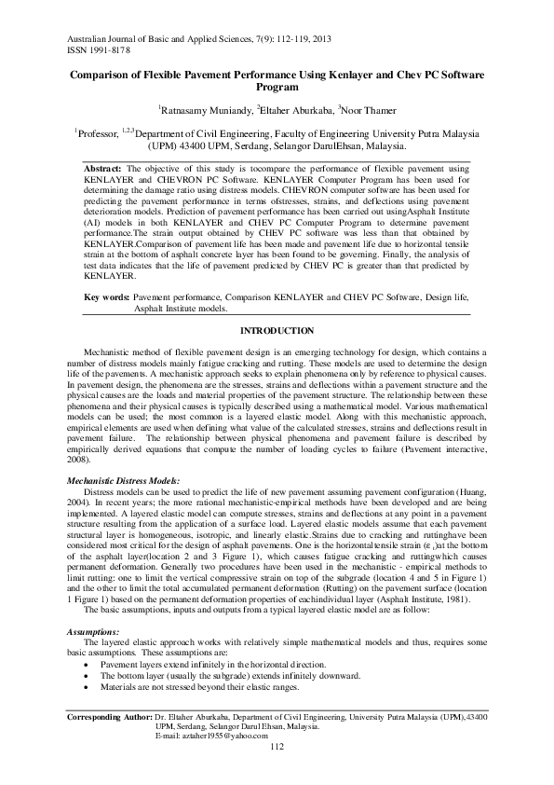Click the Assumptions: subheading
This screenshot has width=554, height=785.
89,631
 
